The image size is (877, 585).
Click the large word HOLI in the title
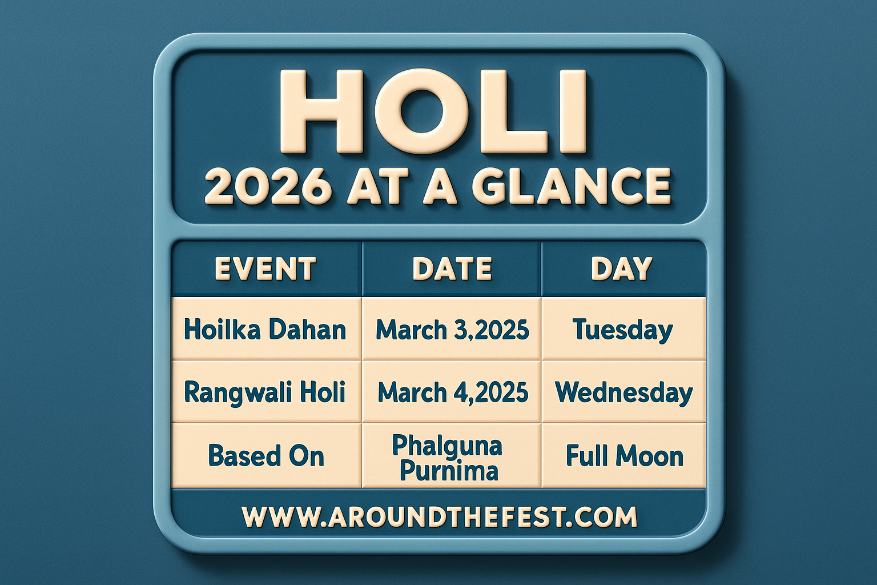click(x=434, y=113)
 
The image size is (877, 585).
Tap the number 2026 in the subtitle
click(x=267, y=186)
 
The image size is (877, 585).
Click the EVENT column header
click(x=265, y=269)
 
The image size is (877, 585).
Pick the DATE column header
click(x=452, y=269)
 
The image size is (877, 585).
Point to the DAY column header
click(x=621, y=269)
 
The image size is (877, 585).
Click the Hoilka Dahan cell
click(x=265, y=330)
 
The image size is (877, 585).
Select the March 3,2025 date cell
click(x=452, y=330)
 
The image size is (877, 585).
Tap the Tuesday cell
click(x=622, y=330)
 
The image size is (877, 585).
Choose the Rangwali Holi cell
click(x=265, y=392)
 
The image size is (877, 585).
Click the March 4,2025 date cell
click(x=452, y=392)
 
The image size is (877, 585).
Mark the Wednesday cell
click(x=623, y=392)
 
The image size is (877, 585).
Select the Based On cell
click(x=266, y=456)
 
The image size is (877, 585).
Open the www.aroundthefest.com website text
click(x=439, y=516)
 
